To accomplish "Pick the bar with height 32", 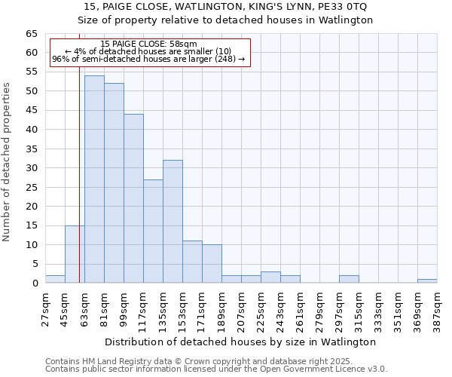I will [x=173, y=222].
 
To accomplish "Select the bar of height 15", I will [x=75, y=254].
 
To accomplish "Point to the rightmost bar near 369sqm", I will [x=427, y=281].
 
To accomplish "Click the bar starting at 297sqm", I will [x=349, y=279].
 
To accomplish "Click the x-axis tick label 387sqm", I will [x=438, y=308].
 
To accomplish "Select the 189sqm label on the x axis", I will [x=222, y=308].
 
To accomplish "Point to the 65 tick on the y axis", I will [x=32, y=34].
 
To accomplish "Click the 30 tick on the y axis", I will [x=32, y=168].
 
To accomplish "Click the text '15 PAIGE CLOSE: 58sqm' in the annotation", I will [x=148, y=44].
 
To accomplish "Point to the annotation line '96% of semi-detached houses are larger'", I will [x=148, y=59].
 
